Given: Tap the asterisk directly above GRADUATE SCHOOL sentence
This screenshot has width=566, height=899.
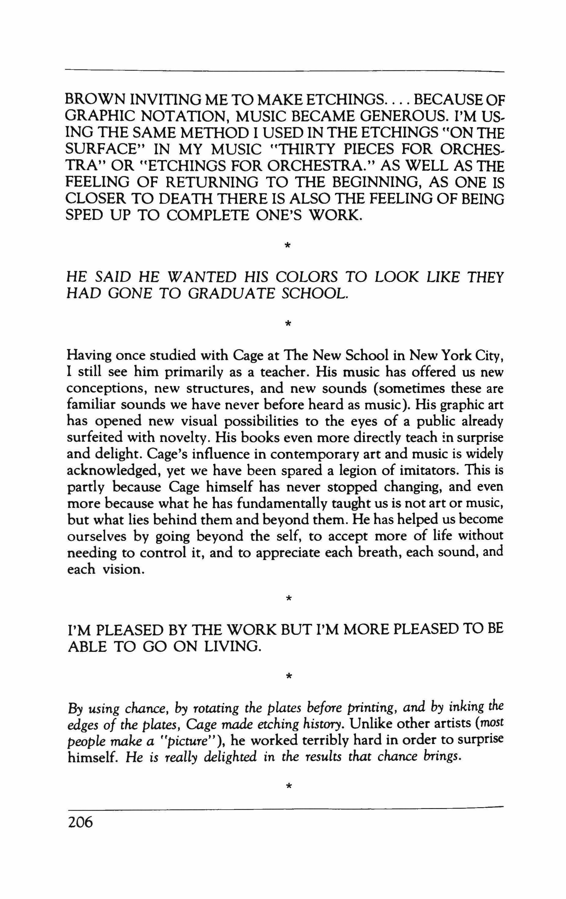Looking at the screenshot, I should click(x=287, y=245).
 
